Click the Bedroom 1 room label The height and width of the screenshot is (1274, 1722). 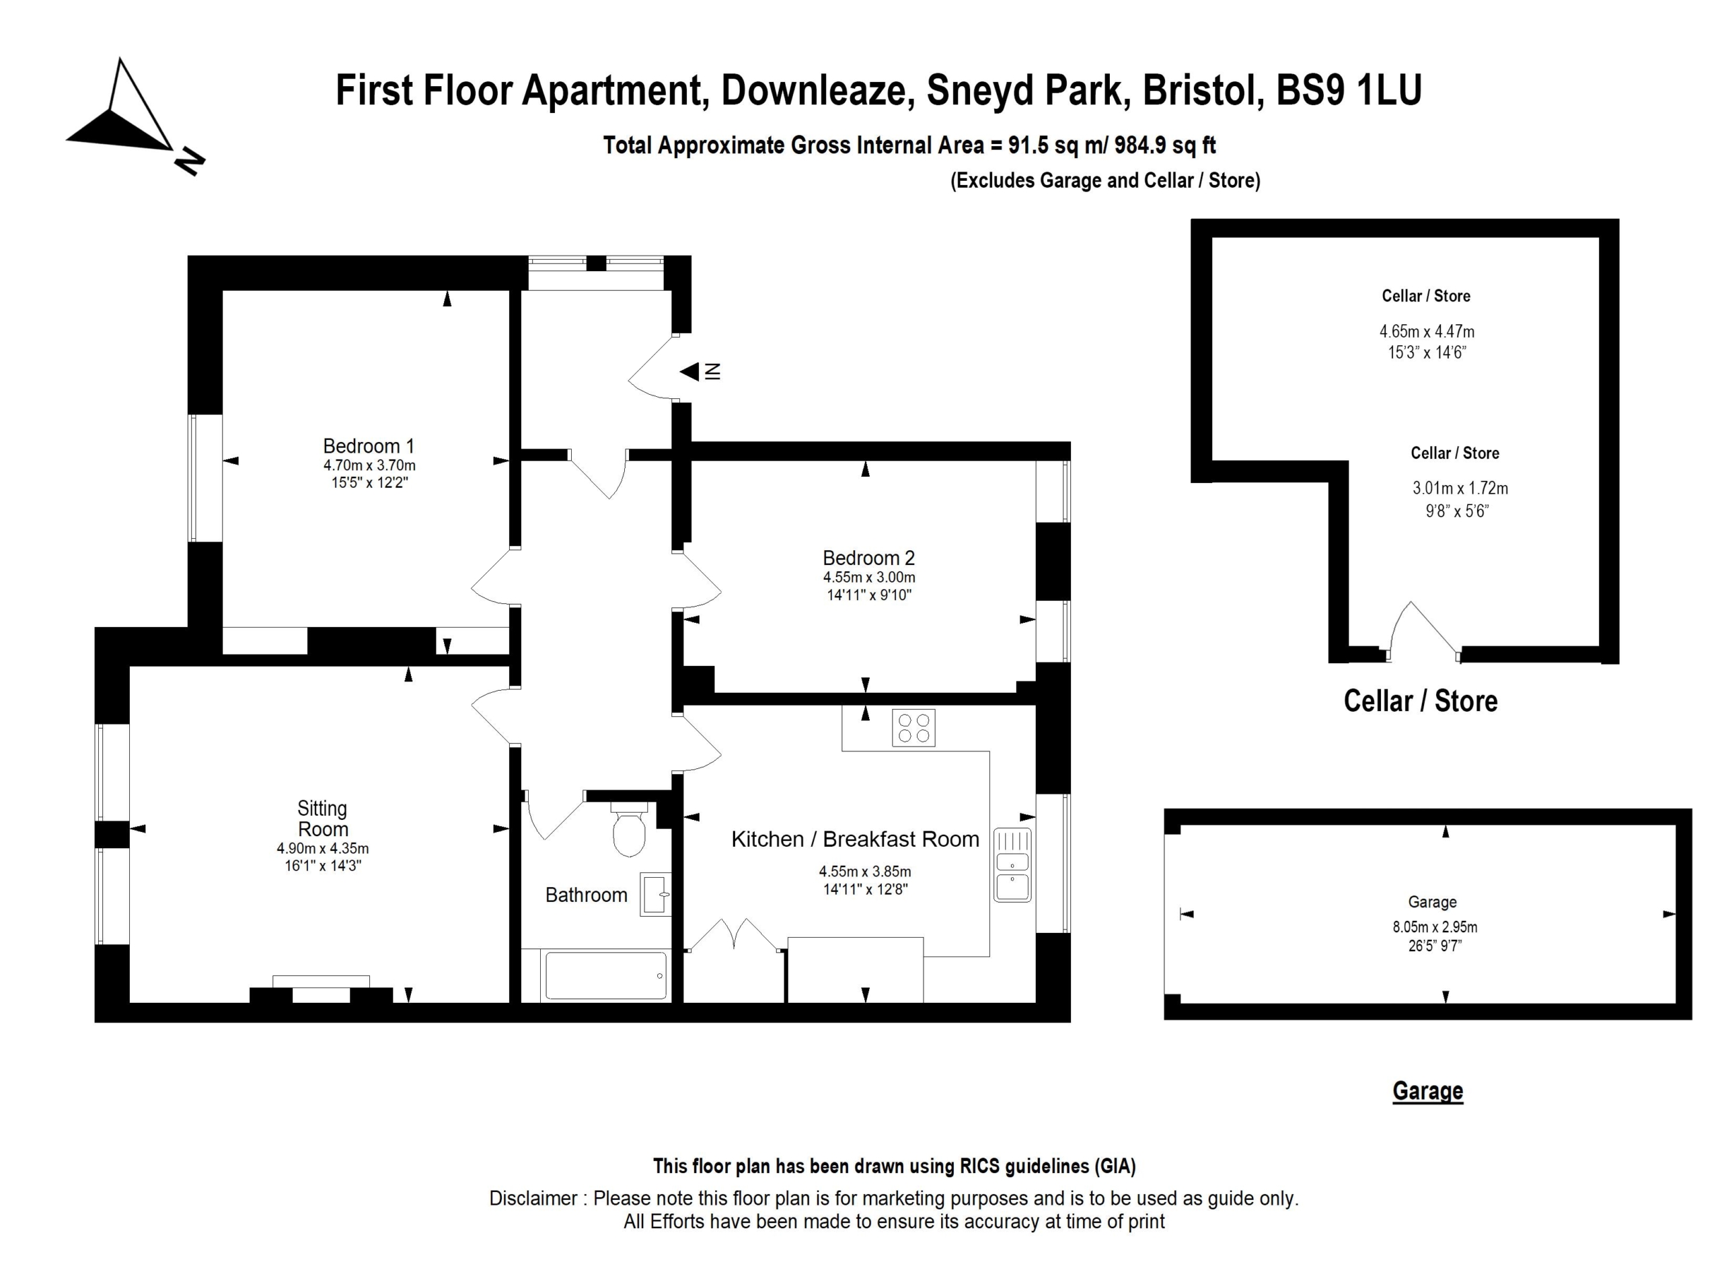pyautogui.click(x=369, y=446)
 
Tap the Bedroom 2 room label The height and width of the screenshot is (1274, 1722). pyautogui.click(x=868, y=558)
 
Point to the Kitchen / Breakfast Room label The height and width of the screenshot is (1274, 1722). pyautogui.click(x=855, y=839)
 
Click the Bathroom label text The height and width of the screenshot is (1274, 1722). pyautogui.click(x=586, y=895)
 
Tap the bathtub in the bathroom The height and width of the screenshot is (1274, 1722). pyautogui.click(x=605, y=976)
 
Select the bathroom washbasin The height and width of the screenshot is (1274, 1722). pyautogui.click(x=655, y=895)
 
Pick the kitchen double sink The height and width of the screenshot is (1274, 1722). pyautogui.click(x=1012, y=864)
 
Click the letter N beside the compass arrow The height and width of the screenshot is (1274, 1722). pyautogui.click(x=190, y=161)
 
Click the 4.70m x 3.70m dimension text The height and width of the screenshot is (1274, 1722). pyautogui.click(x=369, y=465)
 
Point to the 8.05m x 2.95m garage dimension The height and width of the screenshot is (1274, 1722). pyautogui.click(x=1435, y=927)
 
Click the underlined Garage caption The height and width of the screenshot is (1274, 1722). pyautogui.click(x=1427, y=1090)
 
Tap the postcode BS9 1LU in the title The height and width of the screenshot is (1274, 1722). pyautogui.click(x=1349, y=89)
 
